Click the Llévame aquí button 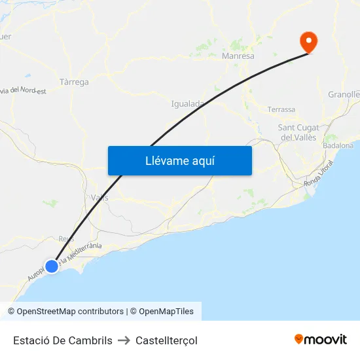[x=179, y=160]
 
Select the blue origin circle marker [x=52, y=266]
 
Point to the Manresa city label [x=238, y=56]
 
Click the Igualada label [x=188, y=103]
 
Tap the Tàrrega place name [x=74, y=82]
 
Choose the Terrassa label [x=281, y=109]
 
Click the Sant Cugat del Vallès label [x=298, y=132]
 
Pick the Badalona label [x=338, y=145]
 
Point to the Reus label [x=66, y=239]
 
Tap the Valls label [x=100, y=198]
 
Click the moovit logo [x=321, y=340]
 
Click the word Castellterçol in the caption [x=166, y=340]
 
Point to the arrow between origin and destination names [x=124, y=340]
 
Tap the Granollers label [x=344, y=94]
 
